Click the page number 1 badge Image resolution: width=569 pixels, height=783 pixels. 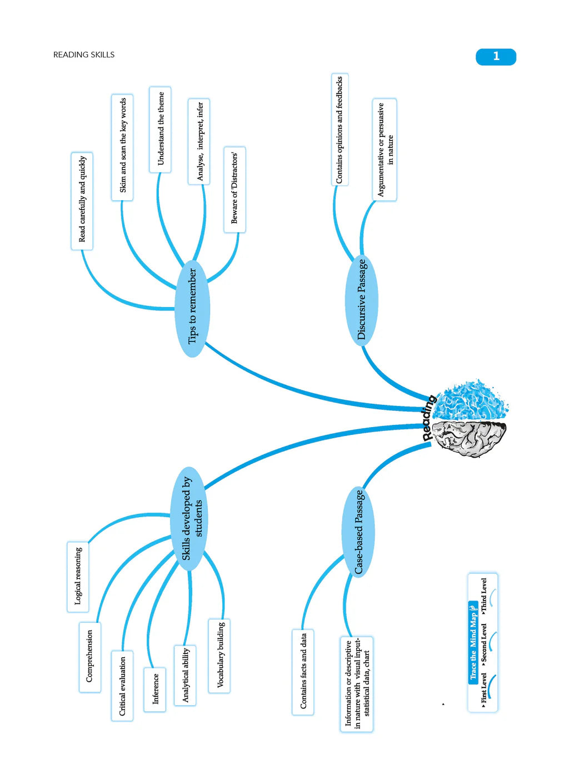496,57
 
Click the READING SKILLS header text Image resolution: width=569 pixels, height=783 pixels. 84,54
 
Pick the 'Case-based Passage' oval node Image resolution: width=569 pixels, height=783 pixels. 358,532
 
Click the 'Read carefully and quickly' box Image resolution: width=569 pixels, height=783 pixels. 82,200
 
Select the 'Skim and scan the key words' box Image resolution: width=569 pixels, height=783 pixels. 123,147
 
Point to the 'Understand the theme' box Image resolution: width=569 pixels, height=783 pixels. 161,129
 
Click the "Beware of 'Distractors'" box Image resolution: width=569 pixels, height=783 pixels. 234,189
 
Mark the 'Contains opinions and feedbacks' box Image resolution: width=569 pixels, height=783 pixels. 340,130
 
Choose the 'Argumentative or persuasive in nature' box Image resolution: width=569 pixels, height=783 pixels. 385,150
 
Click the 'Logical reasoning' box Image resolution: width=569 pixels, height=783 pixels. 78,576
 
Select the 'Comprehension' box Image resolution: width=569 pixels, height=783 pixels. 90,657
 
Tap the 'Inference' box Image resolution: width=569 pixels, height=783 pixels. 155,689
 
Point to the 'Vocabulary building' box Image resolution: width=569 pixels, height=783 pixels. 220,655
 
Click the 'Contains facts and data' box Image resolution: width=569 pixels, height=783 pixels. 303,672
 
